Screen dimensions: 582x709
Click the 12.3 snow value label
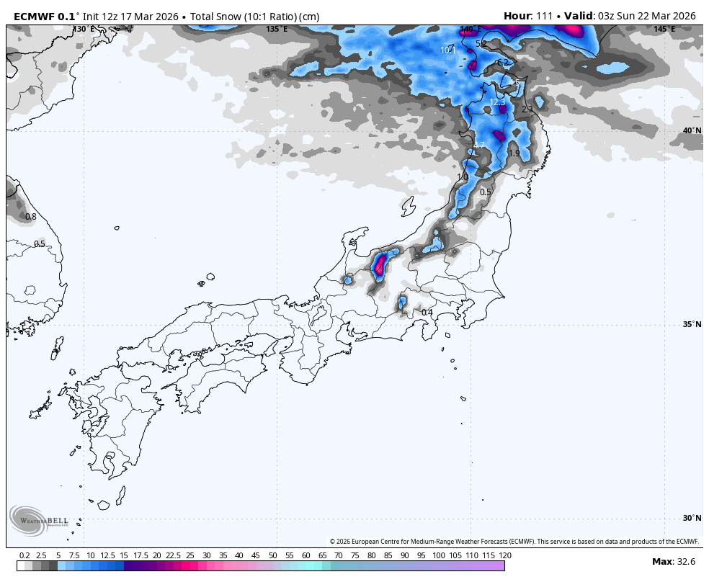[x=498, y=102]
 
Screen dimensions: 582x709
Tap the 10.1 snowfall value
[x=447, y=50]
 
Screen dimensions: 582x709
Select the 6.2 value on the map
[x=503, y=63]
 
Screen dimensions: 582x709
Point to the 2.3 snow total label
[x=527, y=109]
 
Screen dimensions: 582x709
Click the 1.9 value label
[x=514, y=153]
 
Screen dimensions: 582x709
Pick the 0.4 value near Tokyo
[x=427, y=312]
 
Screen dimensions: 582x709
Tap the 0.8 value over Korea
[x=30, y=217]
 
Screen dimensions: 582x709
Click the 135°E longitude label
[x=277, y=30]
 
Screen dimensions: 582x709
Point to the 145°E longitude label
[x=664, y=30]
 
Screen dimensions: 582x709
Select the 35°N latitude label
[x=692, y=324]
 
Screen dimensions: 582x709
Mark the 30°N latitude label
[x=692, y=518]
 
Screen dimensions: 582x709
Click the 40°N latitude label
[x=692, y=130]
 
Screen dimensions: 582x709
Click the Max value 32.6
[x=686, y=562]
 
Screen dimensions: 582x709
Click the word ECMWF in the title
[x=33, y=16]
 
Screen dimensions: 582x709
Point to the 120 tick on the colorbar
[x=504, y=555]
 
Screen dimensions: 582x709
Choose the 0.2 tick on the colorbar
[x=24, y=555]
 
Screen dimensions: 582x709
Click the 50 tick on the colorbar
[x=272, y=555]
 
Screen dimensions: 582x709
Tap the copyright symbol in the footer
[x=333, y=542]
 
